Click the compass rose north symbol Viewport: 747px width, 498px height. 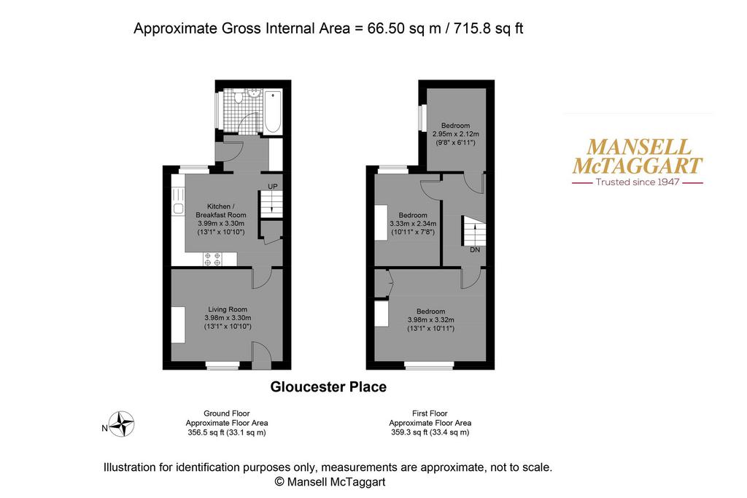coord(122,424)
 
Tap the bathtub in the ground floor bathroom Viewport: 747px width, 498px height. coord(273,112)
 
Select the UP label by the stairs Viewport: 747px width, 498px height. coord(273,186)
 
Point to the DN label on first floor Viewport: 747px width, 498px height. coord(475,249)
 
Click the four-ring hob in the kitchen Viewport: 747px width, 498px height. coord(212,259)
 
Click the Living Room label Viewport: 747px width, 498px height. coord(228,309)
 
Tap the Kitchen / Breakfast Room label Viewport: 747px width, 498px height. coord(220,211)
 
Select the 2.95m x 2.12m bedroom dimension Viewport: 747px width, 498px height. coord(455,134)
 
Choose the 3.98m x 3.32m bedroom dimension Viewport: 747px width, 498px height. coord(430,320)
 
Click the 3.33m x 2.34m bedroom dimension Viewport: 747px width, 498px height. coord(413,223)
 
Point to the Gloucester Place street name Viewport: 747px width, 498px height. coord(328,386)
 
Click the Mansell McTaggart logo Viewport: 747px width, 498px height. coord(638,161)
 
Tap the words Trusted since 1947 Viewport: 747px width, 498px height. coord(638,182)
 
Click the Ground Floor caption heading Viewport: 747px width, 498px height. coord(227,413)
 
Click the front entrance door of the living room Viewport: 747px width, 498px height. coord(261,355)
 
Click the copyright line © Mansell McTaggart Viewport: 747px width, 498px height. coord(330,482)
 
